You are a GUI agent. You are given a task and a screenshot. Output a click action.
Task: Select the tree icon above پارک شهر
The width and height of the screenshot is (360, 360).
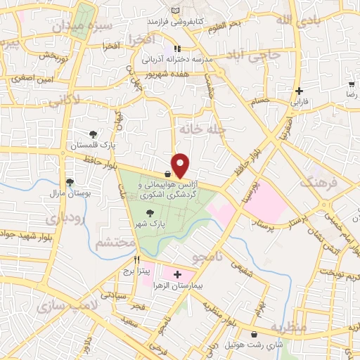tap(148, 212)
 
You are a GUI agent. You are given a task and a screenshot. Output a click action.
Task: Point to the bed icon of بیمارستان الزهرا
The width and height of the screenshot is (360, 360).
tap(177, 274)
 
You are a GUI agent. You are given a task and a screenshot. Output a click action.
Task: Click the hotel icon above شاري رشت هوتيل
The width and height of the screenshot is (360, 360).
tap(253, 334)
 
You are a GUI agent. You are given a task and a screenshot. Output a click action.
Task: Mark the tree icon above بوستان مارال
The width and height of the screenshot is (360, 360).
tap(69, 181)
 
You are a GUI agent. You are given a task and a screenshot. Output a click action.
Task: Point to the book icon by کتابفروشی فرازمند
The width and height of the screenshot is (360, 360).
tap(175, 10)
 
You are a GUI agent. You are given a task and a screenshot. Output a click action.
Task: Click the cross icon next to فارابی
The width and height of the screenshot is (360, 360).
tap(300, 91)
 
